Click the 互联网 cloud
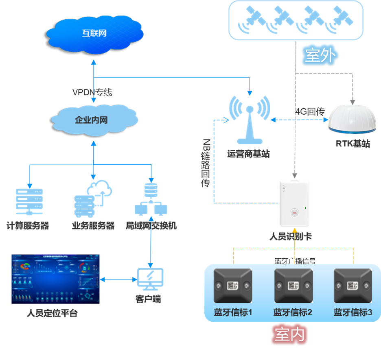click(94, 33)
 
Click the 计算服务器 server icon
click(29, 201)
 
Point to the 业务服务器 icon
click(93, 199)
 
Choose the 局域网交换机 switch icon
click(151, 200)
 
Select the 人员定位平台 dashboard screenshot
click(55, 279)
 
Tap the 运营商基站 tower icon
click(250, 120)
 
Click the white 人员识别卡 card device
click(294, 203)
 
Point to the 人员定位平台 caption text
click(52, 313)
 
